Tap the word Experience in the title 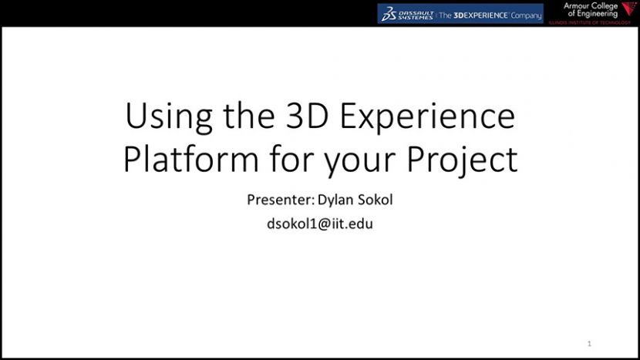click(x=429, y=117)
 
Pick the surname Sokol click(x=375, y=200)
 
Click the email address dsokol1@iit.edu click(x=319, y=225)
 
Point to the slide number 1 click(x=589, y=343)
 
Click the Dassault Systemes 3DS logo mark click(x=389, y=14)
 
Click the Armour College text click(x=591, y=5)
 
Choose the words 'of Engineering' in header click(x=592, y=14)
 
